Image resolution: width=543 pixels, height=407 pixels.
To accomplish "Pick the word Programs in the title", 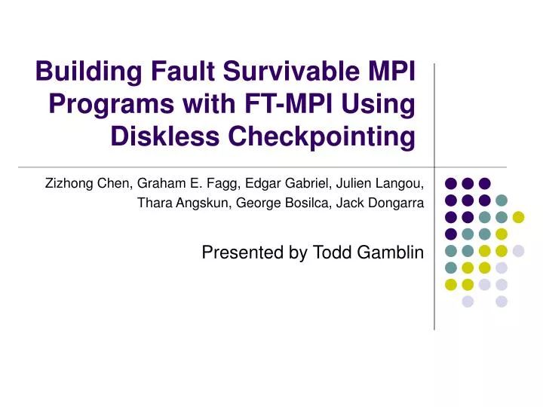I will point(100,104).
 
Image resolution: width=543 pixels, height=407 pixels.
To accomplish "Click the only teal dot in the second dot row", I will point(501,200).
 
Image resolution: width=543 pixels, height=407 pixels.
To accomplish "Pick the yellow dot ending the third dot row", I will point(518,217).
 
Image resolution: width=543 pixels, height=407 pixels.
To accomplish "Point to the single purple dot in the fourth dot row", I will point(451,234).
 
